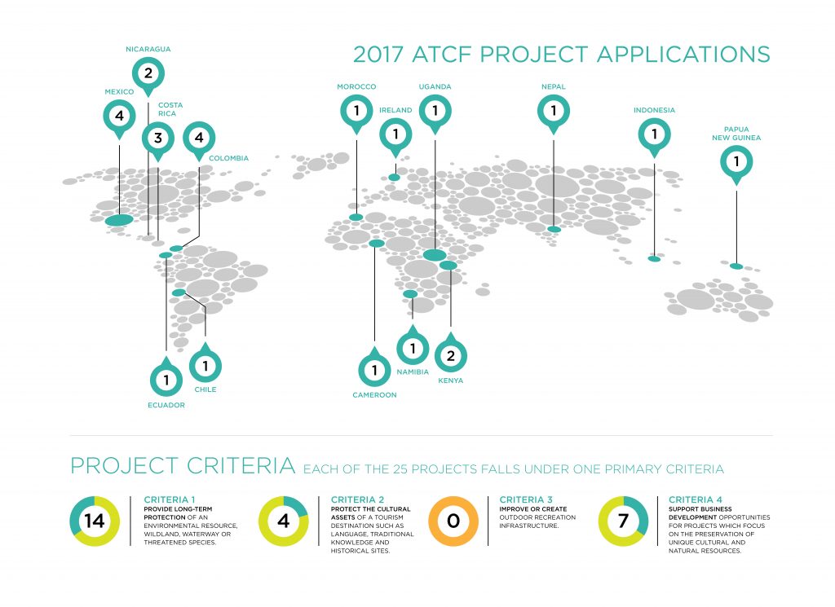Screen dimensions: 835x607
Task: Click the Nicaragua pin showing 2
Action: [148, 74]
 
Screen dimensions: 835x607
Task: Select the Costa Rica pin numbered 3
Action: [157, 139]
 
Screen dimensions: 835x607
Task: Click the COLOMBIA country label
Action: [228, 158]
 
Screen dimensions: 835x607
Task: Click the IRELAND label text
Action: [395, 110]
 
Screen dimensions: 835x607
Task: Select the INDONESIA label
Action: [654, 110]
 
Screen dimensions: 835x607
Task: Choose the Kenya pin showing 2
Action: [450, 354]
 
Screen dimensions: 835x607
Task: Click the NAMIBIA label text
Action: [413, 372]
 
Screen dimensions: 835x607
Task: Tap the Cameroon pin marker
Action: [374, 368]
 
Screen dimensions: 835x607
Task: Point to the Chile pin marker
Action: [205, 364]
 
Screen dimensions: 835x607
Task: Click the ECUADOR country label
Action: [166, 405]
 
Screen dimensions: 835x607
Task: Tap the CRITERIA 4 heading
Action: [695, 499]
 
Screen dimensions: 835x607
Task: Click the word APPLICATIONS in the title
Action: [683, 55]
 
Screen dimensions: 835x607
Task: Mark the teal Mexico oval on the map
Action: [119, 220]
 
